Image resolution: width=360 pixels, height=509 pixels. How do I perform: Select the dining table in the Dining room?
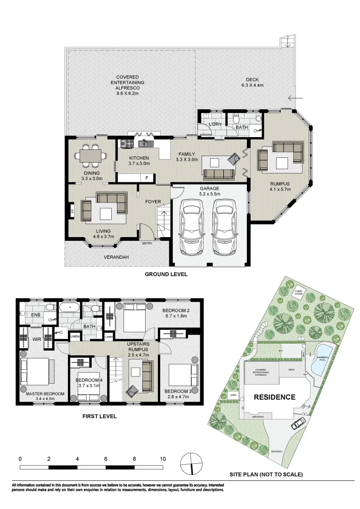[x=90, y=155]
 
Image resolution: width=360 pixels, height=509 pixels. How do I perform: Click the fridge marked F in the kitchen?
[x=147, y=178]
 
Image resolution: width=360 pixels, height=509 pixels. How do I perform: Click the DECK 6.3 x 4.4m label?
[x=252, y=82]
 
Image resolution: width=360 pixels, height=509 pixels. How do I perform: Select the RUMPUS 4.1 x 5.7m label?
[x=280, y=186]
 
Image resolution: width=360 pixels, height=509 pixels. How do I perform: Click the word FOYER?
[x=153, y=202]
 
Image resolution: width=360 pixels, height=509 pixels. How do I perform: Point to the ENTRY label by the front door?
[x=147, y=244]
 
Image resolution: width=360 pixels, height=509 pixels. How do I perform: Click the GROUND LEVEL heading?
[x=166, y=274]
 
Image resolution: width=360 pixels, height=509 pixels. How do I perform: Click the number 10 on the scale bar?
[x=163, y=458]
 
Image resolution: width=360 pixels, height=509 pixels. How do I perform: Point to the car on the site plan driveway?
[x=298, y=424]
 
